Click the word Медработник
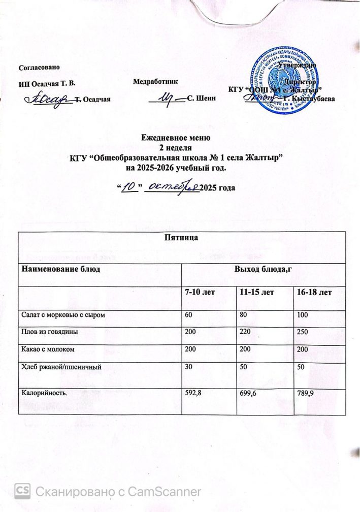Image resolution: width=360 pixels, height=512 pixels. (155, 81)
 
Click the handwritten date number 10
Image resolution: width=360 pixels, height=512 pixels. (130, 187)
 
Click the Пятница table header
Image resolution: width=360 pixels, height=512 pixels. (181, 237)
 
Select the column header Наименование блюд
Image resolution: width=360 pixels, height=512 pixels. (60, 268)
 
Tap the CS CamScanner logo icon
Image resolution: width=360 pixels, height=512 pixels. (22, 491)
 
